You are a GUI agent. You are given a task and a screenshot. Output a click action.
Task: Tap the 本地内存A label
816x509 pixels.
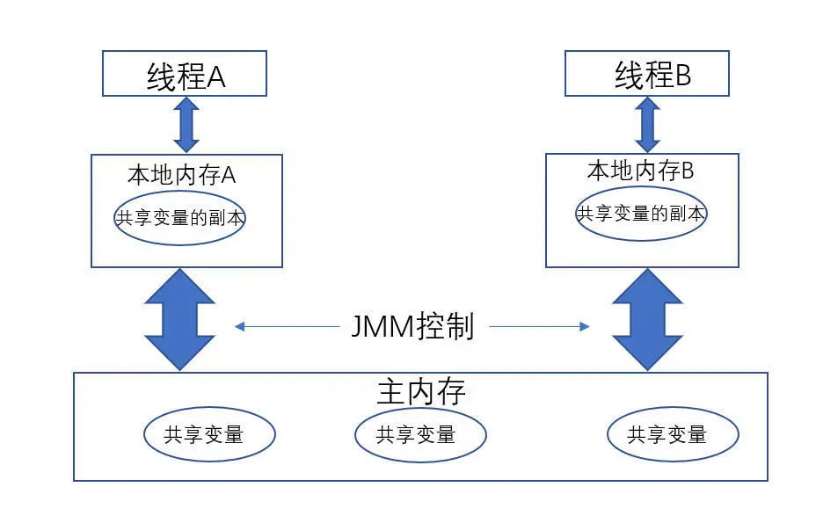pos(182,174)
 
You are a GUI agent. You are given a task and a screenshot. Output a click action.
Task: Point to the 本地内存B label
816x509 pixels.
pos(640,171)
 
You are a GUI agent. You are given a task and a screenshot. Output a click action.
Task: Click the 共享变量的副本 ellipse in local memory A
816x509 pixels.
pos(179,218)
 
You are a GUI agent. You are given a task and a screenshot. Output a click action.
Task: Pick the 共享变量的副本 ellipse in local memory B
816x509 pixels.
pos(641,213)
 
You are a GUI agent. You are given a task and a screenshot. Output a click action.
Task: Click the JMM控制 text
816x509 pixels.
pos(412,327)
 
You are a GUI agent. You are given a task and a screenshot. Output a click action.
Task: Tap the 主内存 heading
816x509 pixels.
pos(420,392)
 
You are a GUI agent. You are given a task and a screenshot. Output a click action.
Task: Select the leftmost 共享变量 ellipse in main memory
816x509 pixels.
pos(209,433)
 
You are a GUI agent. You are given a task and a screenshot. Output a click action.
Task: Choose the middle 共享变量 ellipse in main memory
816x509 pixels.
pos(420,433)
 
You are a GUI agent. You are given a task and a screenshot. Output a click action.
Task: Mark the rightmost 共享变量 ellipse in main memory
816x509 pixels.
pos(673,433)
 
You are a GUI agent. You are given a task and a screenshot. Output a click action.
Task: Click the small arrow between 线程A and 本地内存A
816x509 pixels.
pos(186,125)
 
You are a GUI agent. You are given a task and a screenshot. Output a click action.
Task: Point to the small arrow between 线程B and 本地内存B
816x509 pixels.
pos(648,125)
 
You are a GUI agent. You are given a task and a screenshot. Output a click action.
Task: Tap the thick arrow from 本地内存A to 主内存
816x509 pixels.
pos(180,319)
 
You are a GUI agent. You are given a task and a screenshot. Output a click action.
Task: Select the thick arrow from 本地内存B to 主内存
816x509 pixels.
pos(647,319)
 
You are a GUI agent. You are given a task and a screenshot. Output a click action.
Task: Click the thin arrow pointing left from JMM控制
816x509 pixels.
pos(286,327)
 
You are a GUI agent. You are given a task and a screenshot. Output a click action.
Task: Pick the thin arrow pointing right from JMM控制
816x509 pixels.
pos(538,327)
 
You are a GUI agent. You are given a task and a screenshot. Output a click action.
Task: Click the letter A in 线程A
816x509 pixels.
pos(215,77)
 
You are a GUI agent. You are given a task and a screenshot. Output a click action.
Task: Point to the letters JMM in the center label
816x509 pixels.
pos(379,328)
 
